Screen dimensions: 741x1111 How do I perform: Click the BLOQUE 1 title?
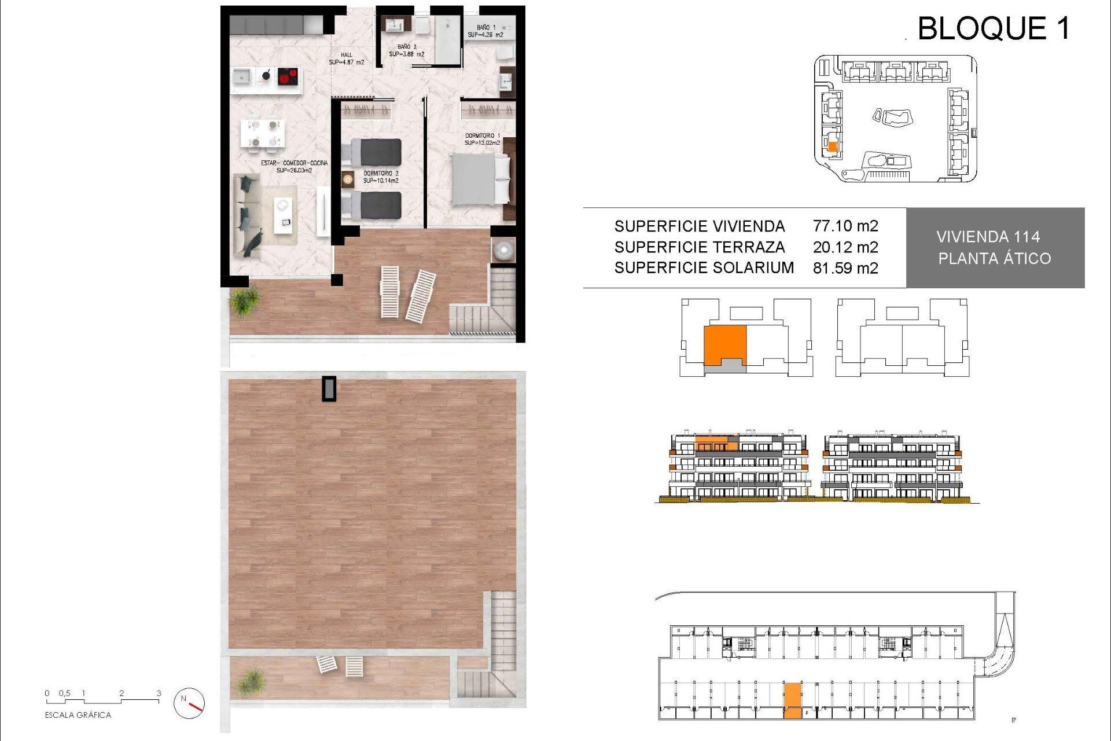pos(994,28)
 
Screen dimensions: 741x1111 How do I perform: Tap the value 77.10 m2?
pos(845,226)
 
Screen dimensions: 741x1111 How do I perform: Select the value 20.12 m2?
pos(845,247)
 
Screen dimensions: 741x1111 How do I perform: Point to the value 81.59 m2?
pos(845,268)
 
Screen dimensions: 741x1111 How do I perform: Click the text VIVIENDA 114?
pos(988,237)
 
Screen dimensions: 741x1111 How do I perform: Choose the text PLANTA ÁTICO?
pos(994,259)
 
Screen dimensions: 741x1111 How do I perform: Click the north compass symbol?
pos(189,703)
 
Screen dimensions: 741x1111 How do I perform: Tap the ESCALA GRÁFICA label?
pos(78,716)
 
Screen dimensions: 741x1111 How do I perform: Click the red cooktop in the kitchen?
pos(288,76)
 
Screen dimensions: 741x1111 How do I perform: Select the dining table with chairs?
pos(263,133)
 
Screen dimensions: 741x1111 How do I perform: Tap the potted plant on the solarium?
pos(251,681)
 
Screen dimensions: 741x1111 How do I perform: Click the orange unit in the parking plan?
pos(793,700)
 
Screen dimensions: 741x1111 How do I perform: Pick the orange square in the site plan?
pos(833,147)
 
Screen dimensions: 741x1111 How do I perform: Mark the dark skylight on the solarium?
pos(329,388)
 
